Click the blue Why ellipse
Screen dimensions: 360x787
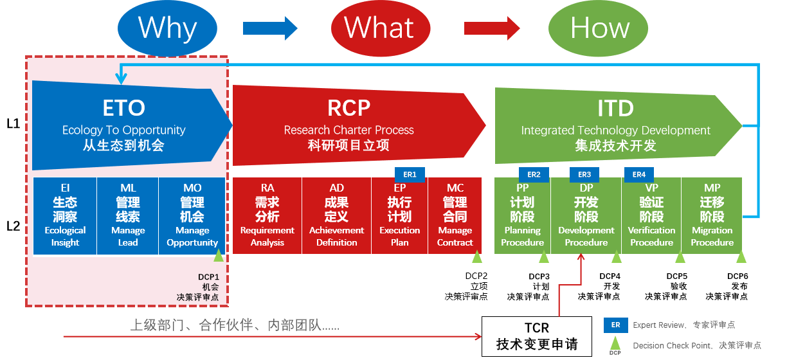click(x=168, y=28)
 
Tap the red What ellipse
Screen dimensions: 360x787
click(x=379, y=28)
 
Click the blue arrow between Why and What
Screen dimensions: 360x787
click(x=270, y=28)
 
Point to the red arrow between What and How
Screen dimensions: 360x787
click(x=491, y=28)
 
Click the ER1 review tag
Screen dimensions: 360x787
click(x=410, y=174)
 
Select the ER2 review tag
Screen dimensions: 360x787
click(x=534, y=174)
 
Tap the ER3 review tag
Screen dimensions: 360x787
click(x=584, y=174)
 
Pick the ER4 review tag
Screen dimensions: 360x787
click(x=639, y=174)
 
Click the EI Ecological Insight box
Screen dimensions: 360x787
click(x=65, y=215)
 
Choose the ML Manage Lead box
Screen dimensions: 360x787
click(x=128, y=215)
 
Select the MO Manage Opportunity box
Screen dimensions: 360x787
click(x=192, y=215)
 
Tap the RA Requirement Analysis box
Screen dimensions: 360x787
click(x=267, y=215)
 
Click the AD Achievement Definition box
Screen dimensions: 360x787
click(x=336, y=215)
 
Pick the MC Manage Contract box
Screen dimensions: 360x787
click(x=455, y=215)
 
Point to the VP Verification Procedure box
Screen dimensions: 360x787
click(x=651, y=215)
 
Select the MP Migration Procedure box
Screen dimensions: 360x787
click(x=712, y=215)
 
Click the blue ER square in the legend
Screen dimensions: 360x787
click(x=615, y=325)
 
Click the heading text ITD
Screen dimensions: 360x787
click(x=615, y=108)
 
